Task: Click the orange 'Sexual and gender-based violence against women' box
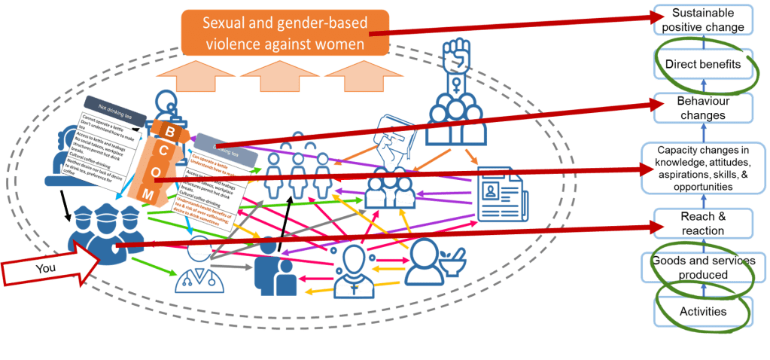pyautogui.click(x=285, y=34)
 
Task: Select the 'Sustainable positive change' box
pyautogui.click(x=702, y=20)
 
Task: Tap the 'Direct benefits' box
pyautogui.click(x=702, y=65)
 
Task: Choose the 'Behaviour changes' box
pyautogui.click(x=702, y=108)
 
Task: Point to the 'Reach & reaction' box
pyautogui.click(x=702, y=224)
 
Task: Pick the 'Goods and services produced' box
pyautogui.click(x=702, y=267)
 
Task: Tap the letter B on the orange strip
pyautogui.click(x=170, y=133)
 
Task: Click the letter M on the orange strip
pyautogui.click(x=149, y=196)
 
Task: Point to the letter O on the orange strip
pyautogui.click(x=156, y=173)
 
